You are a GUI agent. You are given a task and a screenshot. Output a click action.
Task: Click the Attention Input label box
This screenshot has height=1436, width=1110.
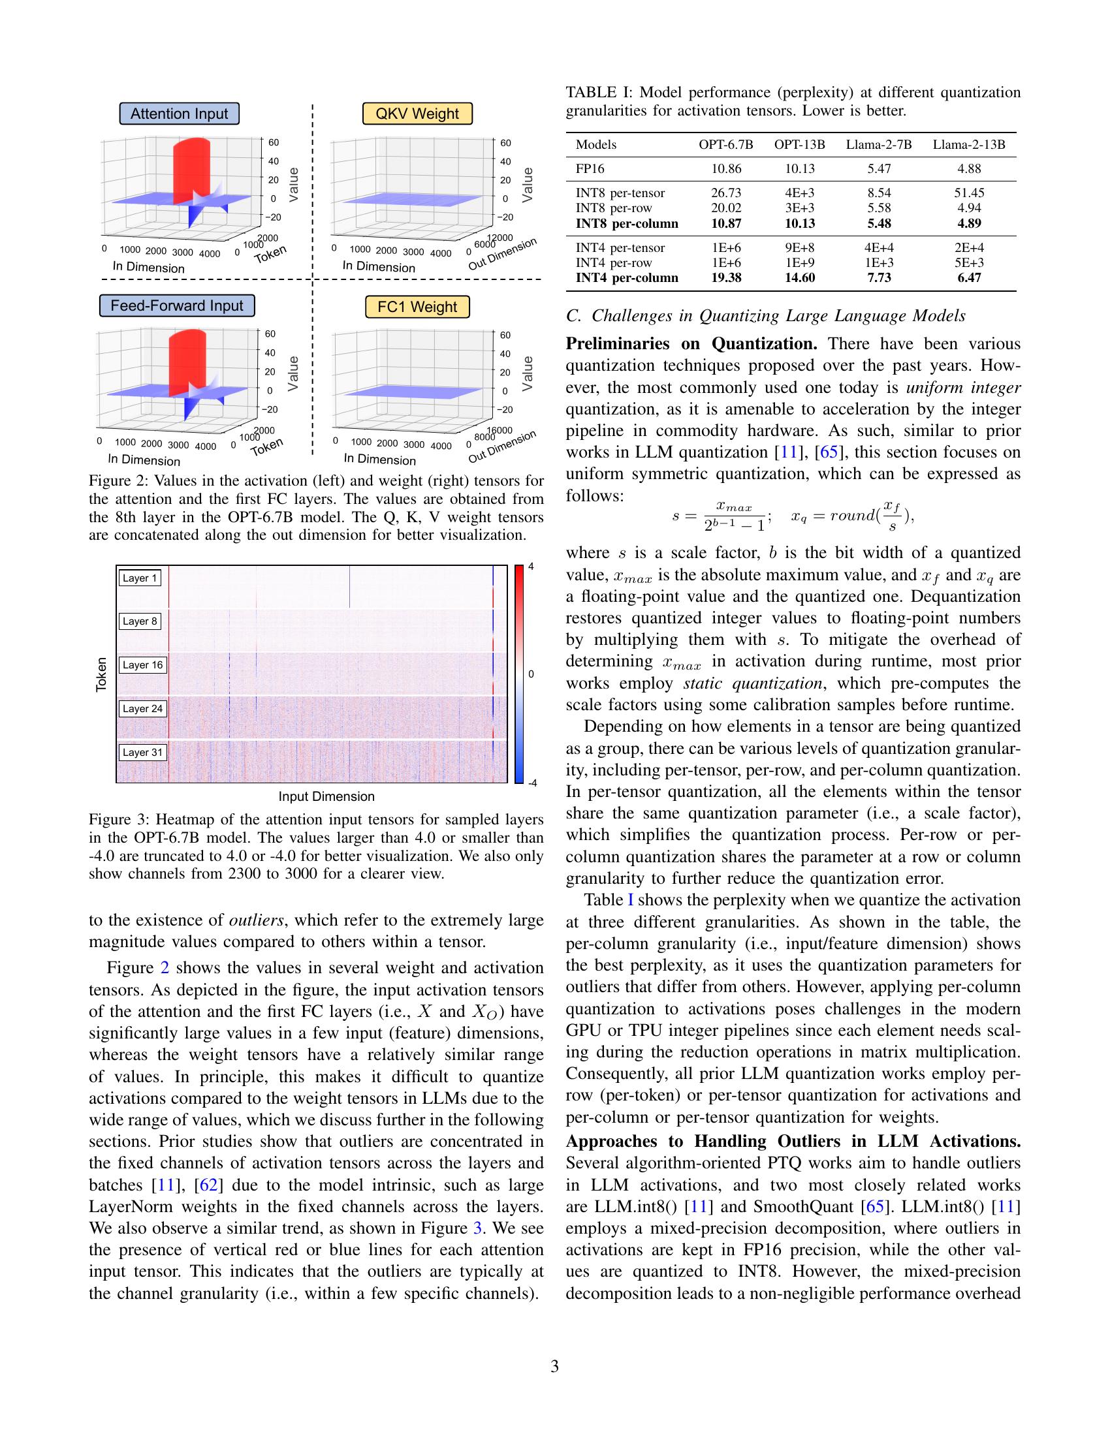[x=179, y=114]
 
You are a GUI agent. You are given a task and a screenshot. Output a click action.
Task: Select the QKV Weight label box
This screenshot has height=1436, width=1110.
[x=417, y=114]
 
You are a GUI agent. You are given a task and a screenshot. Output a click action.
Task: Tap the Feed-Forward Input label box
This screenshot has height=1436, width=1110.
[x=176, y=305]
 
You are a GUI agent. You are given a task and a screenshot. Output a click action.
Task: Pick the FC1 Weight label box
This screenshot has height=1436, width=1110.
[x=417, y=307]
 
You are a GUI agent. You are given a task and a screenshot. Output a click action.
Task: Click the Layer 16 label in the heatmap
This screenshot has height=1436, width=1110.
[x=142, y=664]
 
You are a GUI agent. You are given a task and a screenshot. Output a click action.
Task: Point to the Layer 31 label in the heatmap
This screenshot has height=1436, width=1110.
[x=142, y=752]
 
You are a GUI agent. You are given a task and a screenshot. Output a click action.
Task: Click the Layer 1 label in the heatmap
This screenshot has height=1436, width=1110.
[x=140, y=578]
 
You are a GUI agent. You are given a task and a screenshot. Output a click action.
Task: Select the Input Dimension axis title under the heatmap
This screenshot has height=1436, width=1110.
[x=326, y=796]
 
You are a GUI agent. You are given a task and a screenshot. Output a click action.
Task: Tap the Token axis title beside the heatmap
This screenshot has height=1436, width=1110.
[x=102, y=674]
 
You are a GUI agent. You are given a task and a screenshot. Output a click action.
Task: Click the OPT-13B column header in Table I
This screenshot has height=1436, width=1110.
[x=799, y=145]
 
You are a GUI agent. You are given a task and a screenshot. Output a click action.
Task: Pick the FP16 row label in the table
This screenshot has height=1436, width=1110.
[x=589, y=169]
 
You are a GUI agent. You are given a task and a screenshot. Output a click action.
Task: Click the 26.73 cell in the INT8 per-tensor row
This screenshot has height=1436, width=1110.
[x=725, y=193]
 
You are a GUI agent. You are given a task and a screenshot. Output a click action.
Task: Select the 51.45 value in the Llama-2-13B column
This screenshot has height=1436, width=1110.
[x=968, y=193]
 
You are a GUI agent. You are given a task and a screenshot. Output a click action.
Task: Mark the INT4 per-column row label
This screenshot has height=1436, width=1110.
[x=626, y=277]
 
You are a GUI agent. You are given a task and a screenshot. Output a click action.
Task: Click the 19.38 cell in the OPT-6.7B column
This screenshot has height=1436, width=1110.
[x=725, y=277]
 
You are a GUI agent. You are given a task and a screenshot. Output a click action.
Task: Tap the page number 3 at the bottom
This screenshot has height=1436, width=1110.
[x=554, y=1366]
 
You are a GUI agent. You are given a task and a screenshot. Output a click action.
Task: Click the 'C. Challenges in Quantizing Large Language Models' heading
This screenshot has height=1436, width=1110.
[x=765, y=316]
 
